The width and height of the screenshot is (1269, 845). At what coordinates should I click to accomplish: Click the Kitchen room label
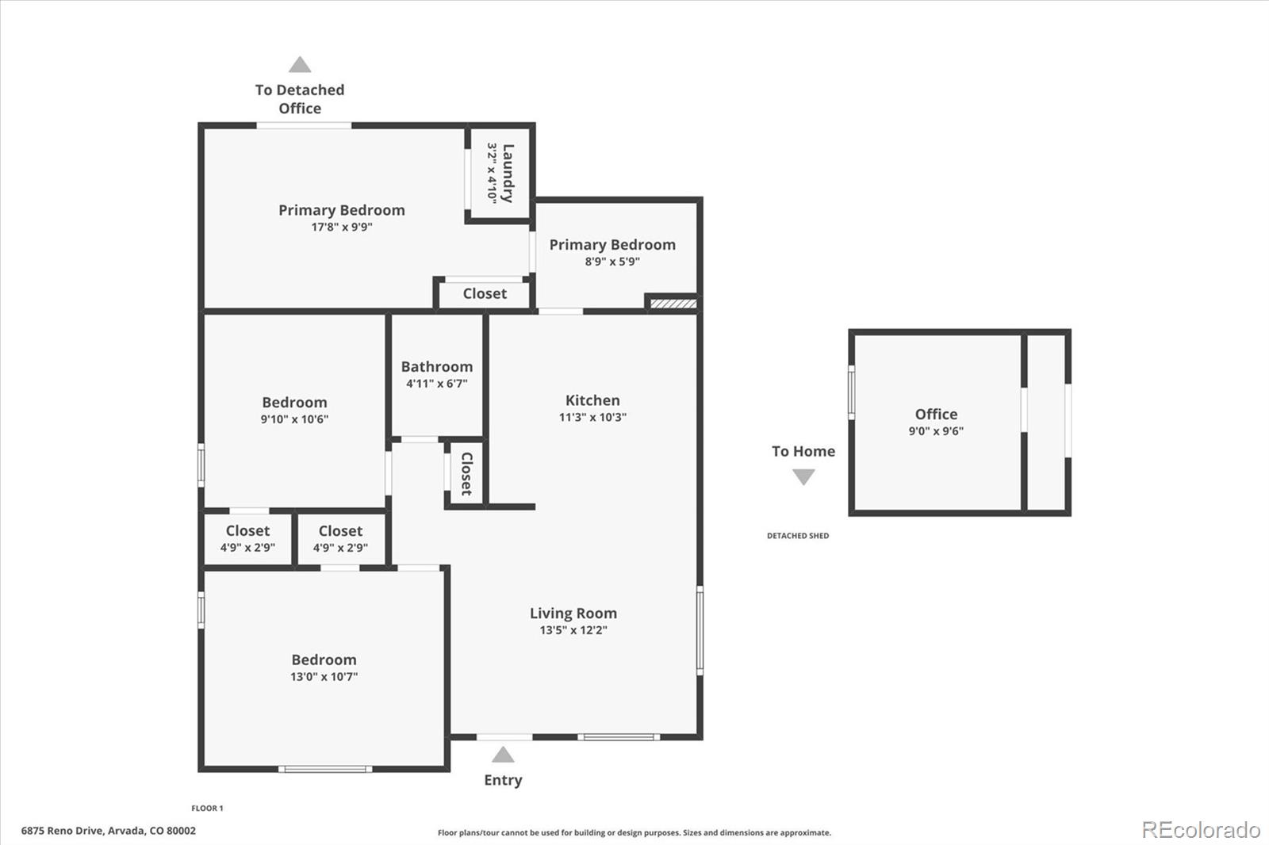592,400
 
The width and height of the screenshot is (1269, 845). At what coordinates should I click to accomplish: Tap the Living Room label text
573,613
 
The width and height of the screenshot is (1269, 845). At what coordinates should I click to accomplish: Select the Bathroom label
436,366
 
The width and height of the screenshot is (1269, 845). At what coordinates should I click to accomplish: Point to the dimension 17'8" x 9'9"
341,227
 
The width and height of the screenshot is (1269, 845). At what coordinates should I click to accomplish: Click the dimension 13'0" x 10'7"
324,676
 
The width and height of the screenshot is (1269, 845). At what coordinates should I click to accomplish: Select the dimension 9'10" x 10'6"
294,419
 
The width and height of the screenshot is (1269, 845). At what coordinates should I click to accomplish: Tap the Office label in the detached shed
936,414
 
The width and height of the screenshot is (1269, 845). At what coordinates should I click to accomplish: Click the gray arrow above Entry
503,754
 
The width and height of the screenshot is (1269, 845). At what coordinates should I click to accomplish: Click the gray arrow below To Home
803,476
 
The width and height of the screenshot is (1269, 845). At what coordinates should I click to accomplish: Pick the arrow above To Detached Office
300,64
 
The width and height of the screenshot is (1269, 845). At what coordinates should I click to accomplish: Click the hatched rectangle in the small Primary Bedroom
673,303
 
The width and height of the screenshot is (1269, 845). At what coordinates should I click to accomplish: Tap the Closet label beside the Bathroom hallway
467,473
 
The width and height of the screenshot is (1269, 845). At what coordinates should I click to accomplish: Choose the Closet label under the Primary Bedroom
485,293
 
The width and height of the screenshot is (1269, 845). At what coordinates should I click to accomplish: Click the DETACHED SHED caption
797,536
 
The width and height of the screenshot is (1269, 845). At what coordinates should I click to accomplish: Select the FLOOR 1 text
207,808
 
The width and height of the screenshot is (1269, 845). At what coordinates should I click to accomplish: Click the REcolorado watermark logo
1200,830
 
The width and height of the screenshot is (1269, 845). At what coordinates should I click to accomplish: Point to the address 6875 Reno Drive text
108,831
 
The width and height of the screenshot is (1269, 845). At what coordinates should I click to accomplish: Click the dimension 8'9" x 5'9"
612,262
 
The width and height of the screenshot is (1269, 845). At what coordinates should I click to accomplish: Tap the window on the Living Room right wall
700,629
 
